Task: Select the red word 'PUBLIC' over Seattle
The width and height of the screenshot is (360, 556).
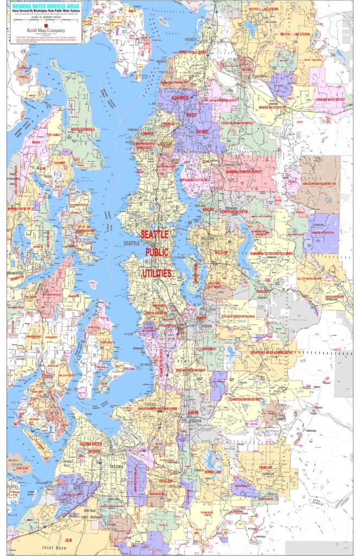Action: [157, 253]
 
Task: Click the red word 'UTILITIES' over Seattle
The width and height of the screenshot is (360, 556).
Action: [157, 273]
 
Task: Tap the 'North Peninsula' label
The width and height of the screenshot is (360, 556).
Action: [83, 130]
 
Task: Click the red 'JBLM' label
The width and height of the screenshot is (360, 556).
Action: [68, 541]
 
